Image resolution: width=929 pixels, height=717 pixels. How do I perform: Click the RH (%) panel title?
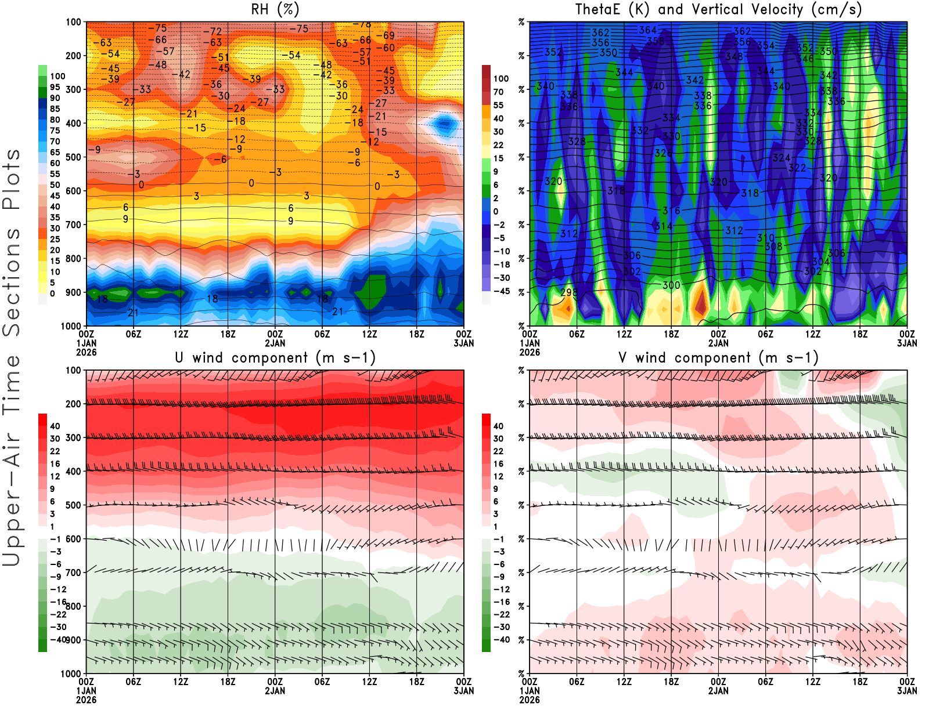point(275,10)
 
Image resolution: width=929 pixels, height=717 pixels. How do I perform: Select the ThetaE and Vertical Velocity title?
point(718,10)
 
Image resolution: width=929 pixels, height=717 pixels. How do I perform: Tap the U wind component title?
point(275,358)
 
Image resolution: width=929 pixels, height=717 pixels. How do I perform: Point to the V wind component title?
point(718,358)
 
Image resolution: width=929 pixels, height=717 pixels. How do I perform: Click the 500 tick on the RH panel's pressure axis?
point(73,157)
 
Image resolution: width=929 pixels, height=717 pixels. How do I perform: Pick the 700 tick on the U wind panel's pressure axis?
point(73,573)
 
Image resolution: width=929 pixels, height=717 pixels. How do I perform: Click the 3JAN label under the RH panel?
point(464,343)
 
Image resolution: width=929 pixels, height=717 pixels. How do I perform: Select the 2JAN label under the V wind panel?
point(718,691)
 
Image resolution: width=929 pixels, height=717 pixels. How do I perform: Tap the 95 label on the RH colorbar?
point(55,87)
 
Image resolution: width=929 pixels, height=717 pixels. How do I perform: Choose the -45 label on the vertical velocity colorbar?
point(501,291)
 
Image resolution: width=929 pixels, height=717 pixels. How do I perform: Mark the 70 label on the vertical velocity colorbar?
point(498,92)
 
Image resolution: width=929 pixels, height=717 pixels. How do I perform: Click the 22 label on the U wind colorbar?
point(55,451)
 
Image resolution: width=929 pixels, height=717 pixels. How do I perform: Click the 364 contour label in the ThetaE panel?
point(647,30)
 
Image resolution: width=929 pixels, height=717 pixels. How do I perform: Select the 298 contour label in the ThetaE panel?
point(569,292)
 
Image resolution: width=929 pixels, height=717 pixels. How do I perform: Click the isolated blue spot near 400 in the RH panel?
point(445,123)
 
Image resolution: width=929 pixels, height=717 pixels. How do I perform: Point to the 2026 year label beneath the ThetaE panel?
point(530,352)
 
